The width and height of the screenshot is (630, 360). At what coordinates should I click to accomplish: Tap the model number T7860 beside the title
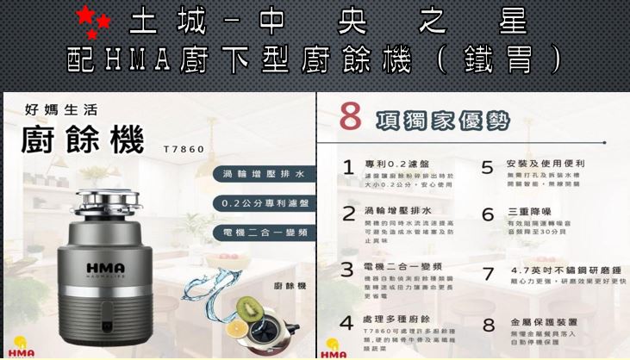tap(184, 149)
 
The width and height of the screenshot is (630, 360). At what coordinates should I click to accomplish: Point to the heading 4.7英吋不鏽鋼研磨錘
tap(566, 269)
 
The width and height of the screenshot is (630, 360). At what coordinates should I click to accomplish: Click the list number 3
tap(347, 270)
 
